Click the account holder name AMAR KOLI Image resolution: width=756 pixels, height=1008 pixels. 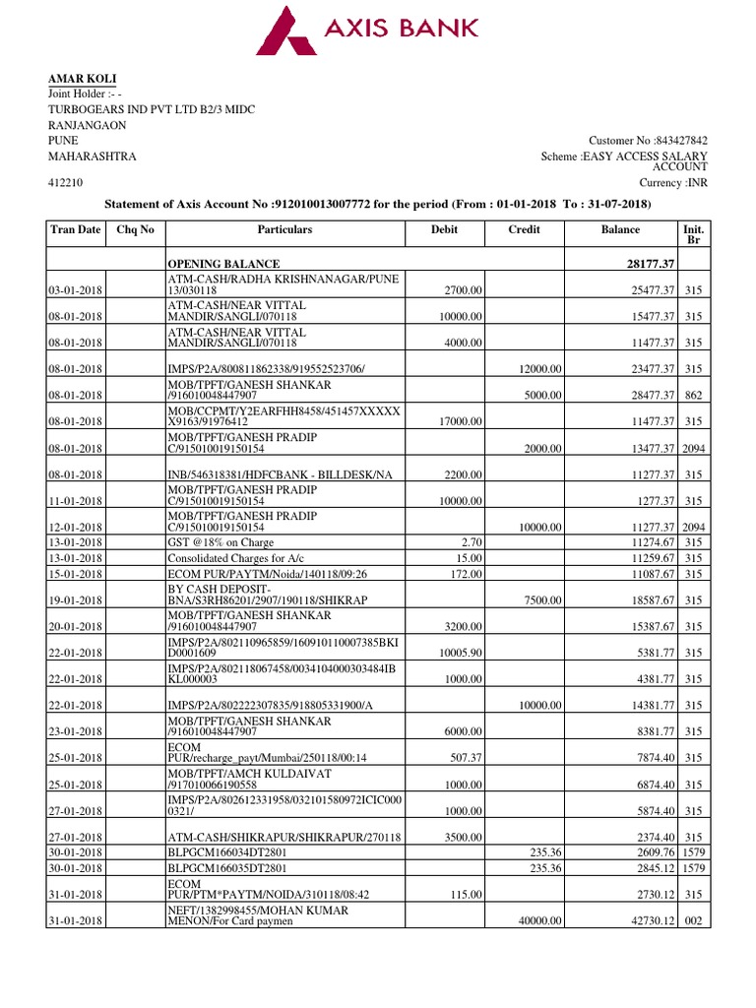[83, 79]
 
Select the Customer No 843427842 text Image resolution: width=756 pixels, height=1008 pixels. [648, 141]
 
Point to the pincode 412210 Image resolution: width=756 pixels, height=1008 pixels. [66, 183]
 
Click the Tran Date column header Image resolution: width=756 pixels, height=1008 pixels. [75, 229]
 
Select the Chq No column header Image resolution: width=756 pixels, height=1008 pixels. [135, 229]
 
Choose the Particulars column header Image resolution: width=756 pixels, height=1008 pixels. [284, 229]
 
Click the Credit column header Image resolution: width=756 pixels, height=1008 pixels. [524, 229]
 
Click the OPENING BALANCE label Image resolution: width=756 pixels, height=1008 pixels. [223, 265]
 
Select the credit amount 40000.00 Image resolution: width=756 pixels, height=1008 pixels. [539, 920]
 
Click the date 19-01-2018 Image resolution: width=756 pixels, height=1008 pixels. [75, 599]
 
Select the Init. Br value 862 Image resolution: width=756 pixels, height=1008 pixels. [693, 395]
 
